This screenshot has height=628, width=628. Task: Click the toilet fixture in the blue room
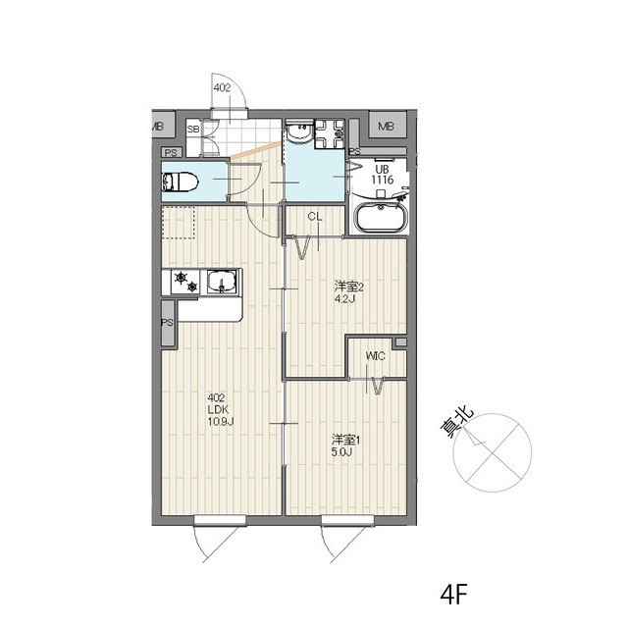click(180, 183)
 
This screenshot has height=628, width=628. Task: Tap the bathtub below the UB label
click(380, 218)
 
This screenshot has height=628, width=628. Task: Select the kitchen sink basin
click(222, 282)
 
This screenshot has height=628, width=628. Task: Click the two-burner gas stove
click(185, 282)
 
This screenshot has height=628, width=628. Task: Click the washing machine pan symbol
click(330, 133)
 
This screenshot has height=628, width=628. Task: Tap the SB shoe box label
click(193, 130)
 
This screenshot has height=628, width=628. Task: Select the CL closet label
click(315, 217)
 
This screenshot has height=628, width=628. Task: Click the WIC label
click(375, 356)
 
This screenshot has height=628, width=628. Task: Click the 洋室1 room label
click(346, 441)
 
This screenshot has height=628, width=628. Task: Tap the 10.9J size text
click(220, 421)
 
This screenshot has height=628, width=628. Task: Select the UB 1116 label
click(383, 175)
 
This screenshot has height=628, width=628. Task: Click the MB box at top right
click(387, 127)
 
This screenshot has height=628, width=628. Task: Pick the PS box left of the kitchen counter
click(168, 323)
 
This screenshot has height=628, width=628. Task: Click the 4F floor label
click(453, 596)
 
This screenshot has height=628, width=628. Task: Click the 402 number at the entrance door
click(222, 87)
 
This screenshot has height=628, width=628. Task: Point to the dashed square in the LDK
click(179, 223)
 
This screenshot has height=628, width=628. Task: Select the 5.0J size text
click(341, 452)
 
